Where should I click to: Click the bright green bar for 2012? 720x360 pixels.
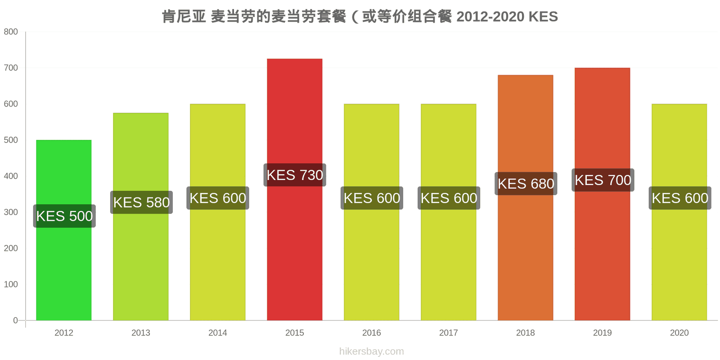click(x=63, y=230)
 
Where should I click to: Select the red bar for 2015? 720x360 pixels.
click(x=294, y=189)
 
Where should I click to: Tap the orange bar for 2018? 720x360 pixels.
click(x=526, y=198)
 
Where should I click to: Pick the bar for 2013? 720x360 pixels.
click(x=141, y=216)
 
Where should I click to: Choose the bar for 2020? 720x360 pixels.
click(x=679, y=212)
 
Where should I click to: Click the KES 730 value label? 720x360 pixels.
click(x=295, y=175)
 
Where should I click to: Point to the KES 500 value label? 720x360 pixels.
click(x=64, y=216)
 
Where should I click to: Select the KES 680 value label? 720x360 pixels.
click(x=526, y=184)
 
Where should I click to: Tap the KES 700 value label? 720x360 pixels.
click(x=603, y=180)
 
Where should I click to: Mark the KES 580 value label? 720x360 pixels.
click(x=141, y=202)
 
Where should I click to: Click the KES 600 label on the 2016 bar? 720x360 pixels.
click(x=372, y=198)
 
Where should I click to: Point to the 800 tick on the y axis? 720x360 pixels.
click(x=11, y=31)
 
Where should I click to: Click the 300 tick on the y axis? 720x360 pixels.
click(x=11, y=212)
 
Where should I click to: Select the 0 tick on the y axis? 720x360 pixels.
click(x=15, y=320)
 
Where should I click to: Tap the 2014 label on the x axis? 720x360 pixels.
click(x=218, y=333)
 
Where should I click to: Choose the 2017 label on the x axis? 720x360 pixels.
click(x=448, y=333)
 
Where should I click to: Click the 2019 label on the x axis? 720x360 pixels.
click(x=603, y=333)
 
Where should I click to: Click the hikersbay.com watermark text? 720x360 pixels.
click(x=372, y=351)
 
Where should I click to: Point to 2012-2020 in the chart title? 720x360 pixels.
click(x=490, y=17)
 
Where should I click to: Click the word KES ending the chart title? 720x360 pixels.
click(x=543, y=17)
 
